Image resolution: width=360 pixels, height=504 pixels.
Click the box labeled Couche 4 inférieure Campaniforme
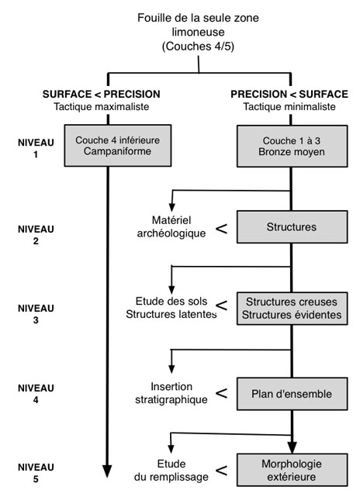coord(118,146)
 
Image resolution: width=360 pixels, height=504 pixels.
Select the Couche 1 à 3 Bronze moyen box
coord(292,147)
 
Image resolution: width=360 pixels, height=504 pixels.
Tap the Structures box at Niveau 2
coord(292,227)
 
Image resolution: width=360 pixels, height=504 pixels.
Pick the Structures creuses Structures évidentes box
coord(292,309)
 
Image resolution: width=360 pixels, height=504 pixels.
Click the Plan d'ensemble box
coord(292,394)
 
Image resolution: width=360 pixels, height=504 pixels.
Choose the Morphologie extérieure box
coord(292,470)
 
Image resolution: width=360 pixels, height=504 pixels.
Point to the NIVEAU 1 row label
coord(36,148)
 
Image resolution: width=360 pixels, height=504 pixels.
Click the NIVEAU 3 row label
coord(36,314)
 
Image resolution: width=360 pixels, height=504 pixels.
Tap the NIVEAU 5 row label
coord(36,473)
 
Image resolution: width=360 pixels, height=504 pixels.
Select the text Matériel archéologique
coord(171,226)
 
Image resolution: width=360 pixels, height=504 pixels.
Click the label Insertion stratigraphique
coord(171,393)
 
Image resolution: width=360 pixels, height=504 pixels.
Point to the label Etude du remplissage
coord(171,470)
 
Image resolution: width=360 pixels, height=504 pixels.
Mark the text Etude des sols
coord(171,301)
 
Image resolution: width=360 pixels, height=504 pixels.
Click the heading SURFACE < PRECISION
coord(102,94)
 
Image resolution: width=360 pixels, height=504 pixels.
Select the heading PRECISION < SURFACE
coord(289,94)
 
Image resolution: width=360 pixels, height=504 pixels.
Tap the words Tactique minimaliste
coord(289,106)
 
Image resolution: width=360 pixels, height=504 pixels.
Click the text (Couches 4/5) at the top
coord(198,47)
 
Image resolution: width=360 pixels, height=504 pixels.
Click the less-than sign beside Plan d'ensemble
coord(221,393)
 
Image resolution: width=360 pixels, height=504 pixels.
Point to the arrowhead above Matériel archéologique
coord(172,207)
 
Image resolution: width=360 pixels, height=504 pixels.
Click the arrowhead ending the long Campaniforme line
coord(108,471)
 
